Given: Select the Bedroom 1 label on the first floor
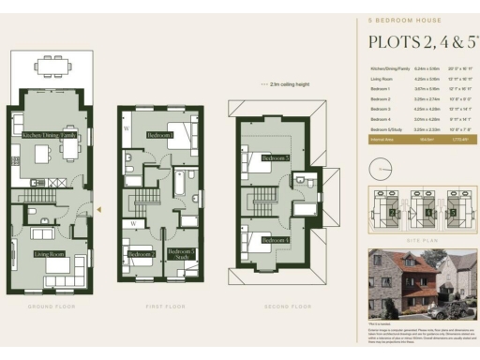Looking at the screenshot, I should pos(160,135).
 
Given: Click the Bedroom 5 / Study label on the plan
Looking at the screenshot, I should pos(180,254).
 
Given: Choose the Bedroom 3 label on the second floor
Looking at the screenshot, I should pos(275,158).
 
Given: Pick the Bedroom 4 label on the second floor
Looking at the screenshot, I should pos(275,240).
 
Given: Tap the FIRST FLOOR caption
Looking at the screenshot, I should pos(160,307).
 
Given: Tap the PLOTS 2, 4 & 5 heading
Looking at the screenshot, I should pos(418,41).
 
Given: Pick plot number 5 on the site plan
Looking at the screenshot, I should pos(453,212).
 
